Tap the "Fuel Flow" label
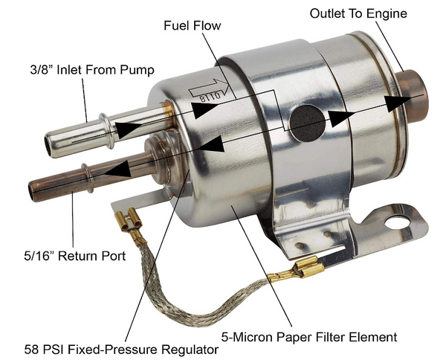point(192,26)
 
